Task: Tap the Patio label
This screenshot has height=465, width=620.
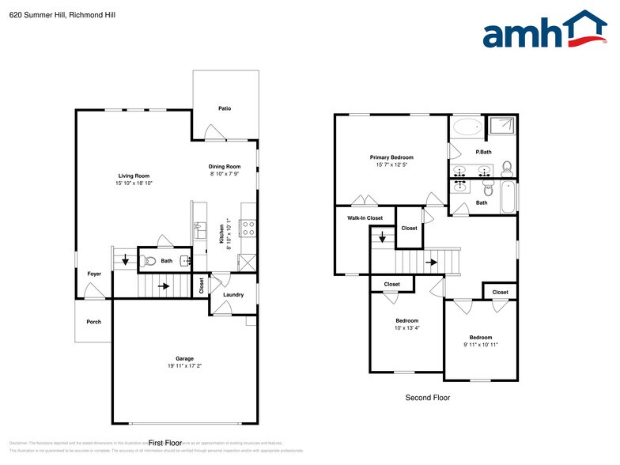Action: point(225,108)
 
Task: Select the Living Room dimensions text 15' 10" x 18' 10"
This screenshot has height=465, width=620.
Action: point(134,183)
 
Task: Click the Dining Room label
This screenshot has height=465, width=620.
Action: point(225,166)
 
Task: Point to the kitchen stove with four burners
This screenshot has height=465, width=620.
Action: point(248,229)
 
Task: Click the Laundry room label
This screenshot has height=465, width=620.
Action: point(233,295)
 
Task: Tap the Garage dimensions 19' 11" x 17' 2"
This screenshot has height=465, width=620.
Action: point(184,366)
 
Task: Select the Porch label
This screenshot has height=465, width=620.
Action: point(93,322)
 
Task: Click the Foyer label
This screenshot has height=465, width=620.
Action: point(93,274)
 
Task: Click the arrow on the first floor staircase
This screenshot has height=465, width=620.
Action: point(164,286)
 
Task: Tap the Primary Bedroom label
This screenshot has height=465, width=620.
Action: point(391,157)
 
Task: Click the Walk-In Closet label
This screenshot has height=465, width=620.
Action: point(365,217)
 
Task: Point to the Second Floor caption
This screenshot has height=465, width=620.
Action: point(427,398)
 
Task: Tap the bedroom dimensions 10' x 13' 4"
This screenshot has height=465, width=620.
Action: point(406,327)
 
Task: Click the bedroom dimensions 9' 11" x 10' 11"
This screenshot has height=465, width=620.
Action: point(480,345)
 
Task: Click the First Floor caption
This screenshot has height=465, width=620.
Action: point(165,443)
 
